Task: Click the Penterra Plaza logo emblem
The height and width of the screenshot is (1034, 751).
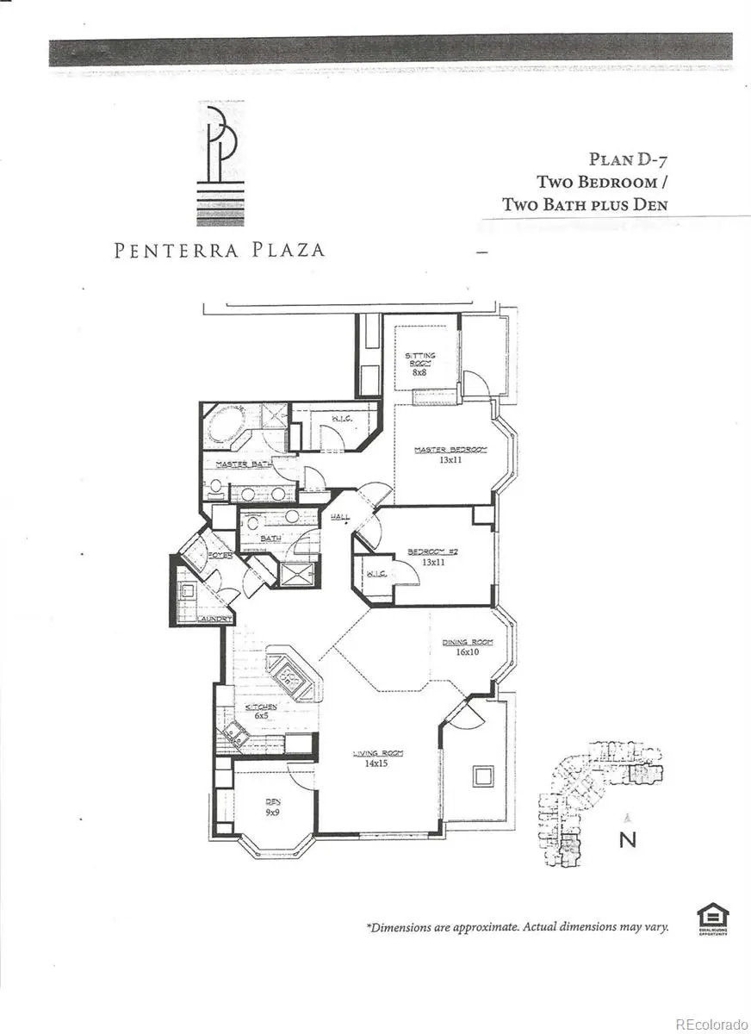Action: click(x=220, y=164)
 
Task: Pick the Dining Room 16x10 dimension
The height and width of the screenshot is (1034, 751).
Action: click(x=468, y=652)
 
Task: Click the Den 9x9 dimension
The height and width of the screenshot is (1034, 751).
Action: click(x=273, y=811)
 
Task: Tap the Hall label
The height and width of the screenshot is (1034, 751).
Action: click(x=340, y=516)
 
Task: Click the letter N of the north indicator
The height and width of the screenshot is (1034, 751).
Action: click(x=628, y=839)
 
